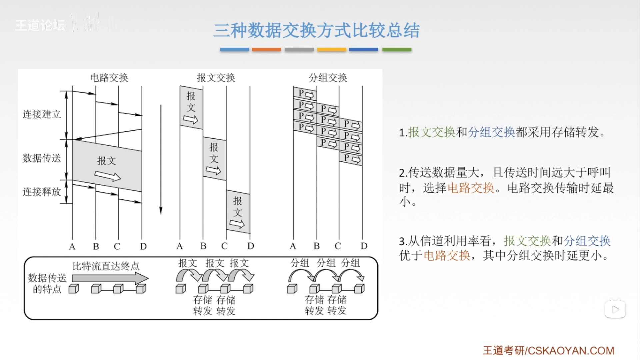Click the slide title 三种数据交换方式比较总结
point(316,30)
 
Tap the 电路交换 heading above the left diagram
point(109,78)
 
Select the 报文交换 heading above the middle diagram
point(216,78)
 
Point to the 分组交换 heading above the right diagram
point(328,78)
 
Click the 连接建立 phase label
point(42,114)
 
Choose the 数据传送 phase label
point(42,158)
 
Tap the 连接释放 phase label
point(42,192)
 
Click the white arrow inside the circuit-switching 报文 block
point(107,176)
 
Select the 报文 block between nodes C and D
point(238,211)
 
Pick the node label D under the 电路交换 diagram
point(143,246)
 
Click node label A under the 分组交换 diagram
point(293,246)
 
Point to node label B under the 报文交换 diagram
point(203,246)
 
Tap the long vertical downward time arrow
point(161,160)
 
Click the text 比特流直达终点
point(106,266)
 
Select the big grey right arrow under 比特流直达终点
point(110,278)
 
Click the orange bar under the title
point(266,49)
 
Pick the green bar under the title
point(397,49)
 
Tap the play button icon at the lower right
point(615,309)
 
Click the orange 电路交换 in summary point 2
point(471,188)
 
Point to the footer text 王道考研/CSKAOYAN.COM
point(549,350)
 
